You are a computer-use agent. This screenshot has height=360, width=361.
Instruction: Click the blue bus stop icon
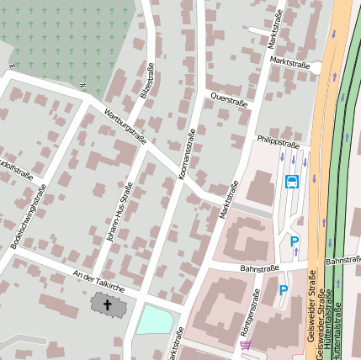pyautogui.click(x=292, y=181)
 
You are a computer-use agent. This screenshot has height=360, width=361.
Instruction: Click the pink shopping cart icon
pyautogui.click(x=245, y=344)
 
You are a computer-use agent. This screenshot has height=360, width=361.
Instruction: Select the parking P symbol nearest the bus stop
pyautogui.click(x=295, y=242)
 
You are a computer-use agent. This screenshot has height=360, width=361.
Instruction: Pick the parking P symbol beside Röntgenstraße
pyautogui.click(x=284, y=290)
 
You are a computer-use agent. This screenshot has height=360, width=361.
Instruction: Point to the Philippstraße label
pyautogui.click(x=278, y=140)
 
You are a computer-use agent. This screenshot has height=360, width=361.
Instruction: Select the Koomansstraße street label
pyautogui.click(x=186, y=156)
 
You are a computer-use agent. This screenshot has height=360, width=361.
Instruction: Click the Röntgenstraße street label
pyautogui.click(x=250, y=312)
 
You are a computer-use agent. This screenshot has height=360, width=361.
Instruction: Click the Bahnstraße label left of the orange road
pyautogui.click(x=258, y=268)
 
